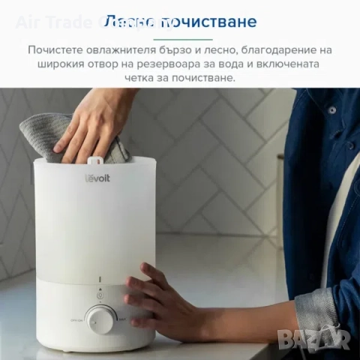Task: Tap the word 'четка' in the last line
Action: pyautogui.click(x=143, y=78)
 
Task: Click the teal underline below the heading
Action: pyautogui.click(x=179, y=38)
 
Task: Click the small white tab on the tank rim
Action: pyautogui.click(x=95, y=160)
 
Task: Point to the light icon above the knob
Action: pyautogui.click(x=100, y=288)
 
